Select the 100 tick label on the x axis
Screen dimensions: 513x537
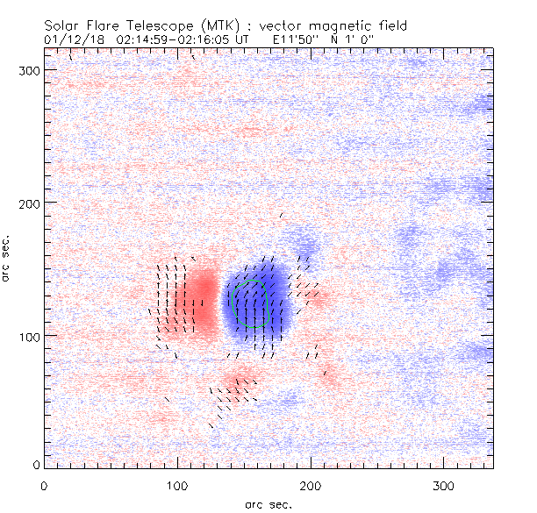click(177, 485)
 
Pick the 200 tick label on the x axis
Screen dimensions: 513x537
click(311, 485)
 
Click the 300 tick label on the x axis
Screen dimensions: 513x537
click(444, 485)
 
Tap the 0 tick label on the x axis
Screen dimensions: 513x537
click(44, 485)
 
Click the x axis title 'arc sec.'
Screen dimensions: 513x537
click(268, 504)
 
